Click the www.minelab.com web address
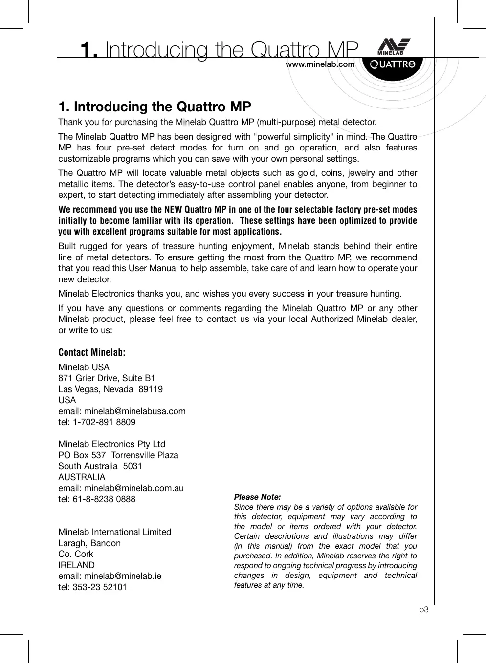[320, 64]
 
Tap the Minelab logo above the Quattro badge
[394, 46]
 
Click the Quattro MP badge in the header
[392, 64]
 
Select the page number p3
[424, 610]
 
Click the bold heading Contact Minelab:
[92, 352]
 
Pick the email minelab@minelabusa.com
[134, 411]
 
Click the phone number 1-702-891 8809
[104, 422]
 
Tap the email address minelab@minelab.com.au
[133, 488]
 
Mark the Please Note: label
[257, 497]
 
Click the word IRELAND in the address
[76, 565]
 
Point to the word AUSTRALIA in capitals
[82, 477]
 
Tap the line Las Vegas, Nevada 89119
[110, 389]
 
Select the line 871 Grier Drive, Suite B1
[107, 378]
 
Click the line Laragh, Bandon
[89, 543]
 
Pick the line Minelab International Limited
[115, 532]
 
